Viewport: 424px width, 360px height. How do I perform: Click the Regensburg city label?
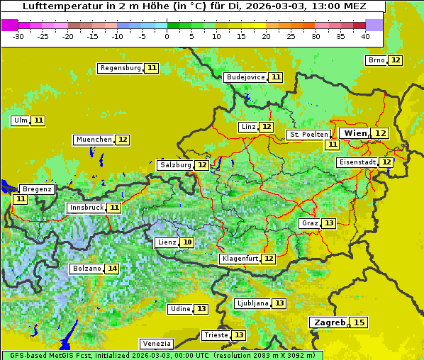point(120,68)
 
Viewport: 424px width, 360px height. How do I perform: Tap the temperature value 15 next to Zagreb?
point(360,322)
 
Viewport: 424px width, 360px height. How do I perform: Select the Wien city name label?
point(354,133)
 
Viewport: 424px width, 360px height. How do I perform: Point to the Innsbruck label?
point(86,208)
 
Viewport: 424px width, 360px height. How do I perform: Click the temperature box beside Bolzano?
point(112,269)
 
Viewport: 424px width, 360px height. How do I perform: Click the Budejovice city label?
point(245,77)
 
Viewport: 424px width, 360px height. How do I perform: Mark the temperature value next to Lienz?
point(187,242)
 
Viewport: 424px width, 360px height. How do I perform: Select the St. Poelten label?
point(308,134)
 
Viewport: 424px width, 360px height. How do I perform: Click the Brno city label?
point(376,60)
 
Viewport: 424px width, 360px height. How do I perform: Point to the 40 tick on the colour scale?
point(365,36)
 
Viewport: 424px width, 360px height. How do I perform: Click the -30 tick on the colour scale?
point(18,36)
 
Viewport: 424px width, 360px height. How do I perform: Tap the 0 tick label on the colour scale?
point(167,36)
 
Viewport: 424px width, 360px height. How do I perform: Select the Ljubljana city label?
point(252,303)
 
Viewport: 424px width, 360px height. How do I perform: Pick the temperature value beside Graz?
point(328,223)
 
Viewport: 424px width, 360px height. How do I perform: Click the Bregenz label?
point(37,189)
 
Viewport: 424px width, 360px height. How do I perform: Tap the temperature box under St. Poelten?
point(332,145)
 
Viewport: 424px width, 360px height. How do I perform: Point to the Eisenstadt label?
point(357,162)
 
